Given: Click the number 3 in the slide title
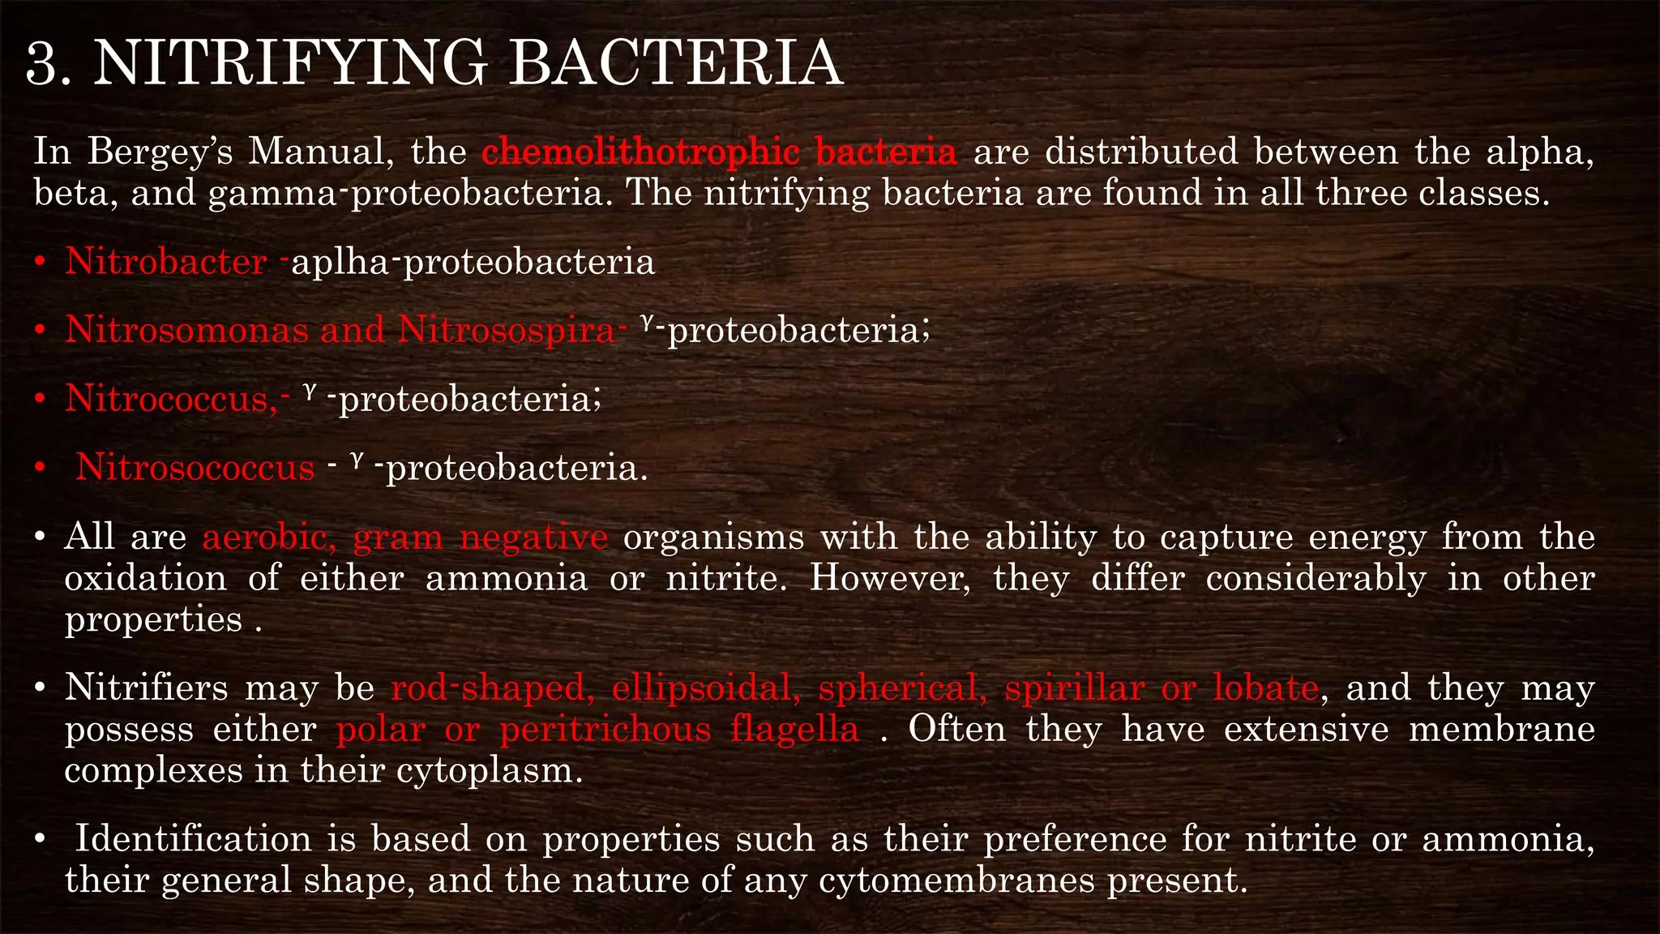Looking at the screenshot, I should click(x=42, y=64).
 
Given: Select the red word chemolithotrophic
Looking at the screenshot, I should click(x=640, y=152).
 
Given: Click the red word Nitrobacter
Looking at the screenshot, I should click(x=166, y=261).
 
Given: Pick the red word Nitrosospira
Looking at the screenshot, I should click(x=507, y=330).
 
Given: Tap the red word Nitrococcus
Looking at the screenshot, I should click(x=171, y=399).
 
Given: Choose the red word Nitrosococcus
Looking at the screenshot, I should click(x=195, y=468).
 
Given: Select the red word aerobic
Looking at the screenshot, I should click(x=264, y=537).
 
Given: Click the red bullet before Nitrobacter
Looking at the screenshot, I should click(x=39, y=263).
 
